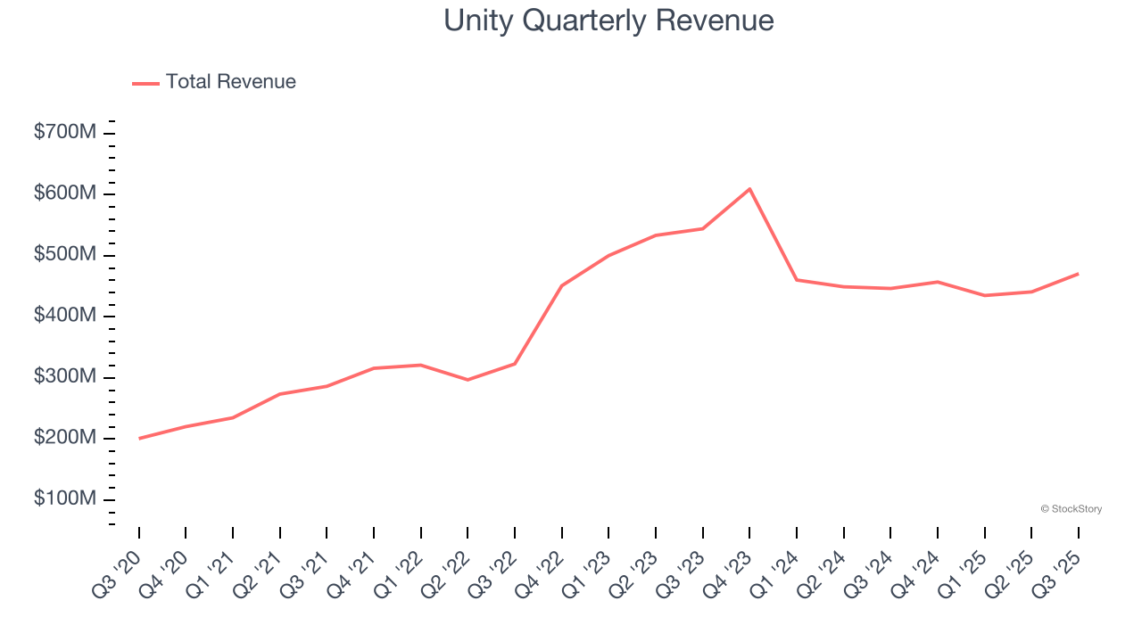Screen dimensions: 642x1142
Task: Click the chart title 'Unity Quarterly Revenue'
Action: click(x=608, y=21)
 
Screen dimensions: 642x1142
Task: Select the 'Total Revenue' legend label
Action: click(x=230, y=82)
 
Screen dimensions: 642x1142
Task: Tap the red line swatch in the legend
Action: click(x=145, y=83)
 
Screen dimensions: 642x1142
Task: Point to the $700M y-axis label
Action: click(x=65, y=133)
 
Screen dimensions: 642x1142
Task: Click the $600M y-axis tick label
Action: click(x=65, y=193)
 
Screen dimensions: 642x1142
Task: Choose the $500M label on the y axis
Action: click(x=65, y=255)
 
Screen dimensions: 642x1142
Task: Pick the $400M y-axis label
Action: click(x=65, y=316)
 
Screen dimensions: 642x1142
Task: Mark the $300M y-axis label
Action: click(x=65, y=377)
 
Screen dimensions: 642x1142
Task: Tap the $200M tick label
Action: click(x=65, y=438)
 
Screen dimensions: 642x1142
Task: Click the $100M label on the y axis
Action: click(x=65, y=498)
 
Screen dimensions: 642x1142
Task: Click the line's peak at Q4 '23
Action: click(x=749, y=189)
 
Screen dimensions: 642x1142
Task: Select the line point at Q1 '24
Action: click(x=797, y=280)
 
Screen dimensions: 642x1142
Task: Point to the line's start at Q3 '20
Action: click(x=139, y=438)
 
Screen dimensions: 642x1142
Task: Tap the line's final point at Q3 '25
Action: click(x=1078, y=274)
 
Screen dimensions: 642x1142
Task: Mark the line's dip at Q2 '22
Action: click(x=468, y=380)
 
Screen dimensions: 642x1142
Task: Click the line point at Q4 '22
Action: click(x=562, y=285)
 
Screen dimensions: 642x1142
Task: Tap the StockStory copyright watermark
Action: click(x=1071, y=509)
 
